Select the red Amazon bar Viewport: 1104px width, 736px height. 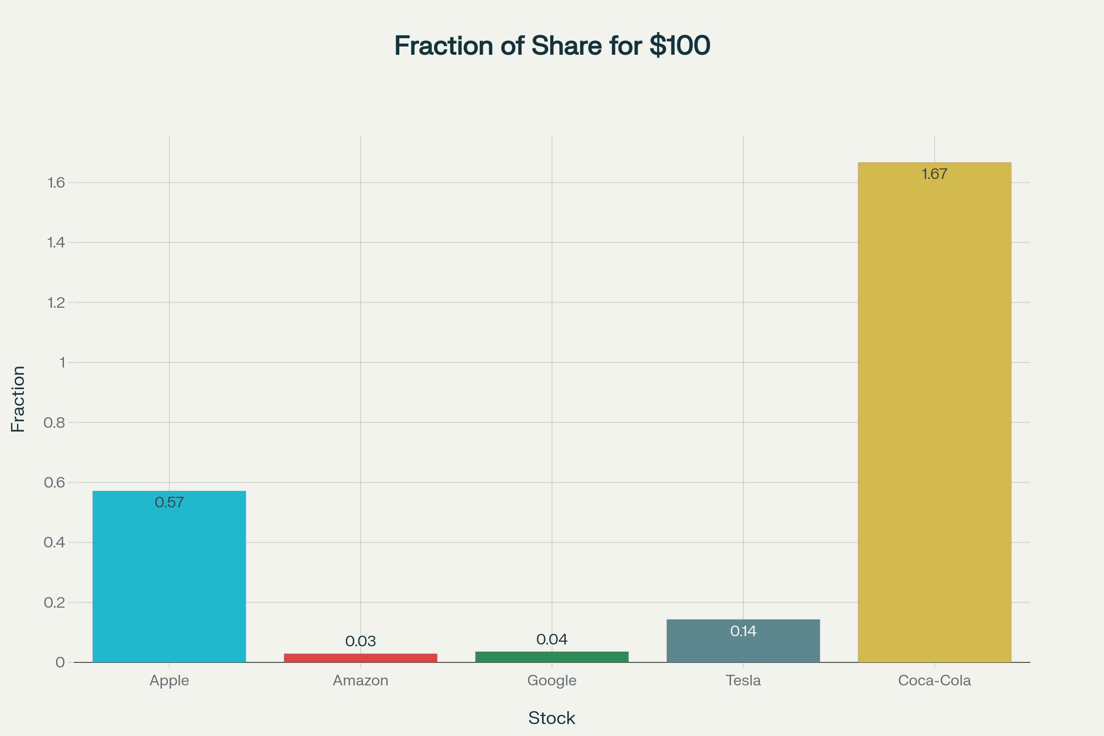pos(361,658)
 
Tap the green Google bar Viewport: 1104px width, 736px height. pos(552,657)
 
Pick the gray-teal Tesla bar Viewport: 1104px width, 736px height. pos(743,648)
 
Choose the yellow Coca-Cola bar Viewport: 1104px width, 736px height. pos(934,413)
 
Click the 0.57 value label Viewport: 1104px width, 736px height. pos(169,503)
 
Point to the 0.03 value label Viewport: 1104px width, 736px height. pos(361,641)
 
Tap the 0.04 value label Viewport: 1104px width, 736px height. pos(552,639)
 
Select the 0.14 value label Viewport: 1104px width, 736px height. pos(743,631)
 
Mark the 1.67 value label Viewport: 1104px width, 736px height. pos(934,174)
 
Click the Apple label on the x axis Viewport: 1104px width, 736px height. pos(169,681)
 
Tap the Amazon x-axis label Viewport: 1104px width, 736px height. pos(361,681)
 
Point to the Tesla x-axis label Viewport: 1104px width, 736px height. pos(743,681)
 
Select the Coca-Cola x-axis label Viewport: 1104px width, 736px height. pos(934,681)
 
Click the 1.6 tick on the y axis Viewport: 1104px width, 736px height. pos(56,183)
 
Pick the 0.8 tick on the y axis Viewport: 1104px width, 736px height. pos(54,422)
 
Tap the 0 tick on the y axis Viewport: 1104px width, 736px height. pos(60,662)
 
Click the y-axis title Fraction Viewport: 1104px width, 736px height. pos(18,399)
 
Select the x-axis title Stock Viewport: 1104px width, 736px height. pos(552,718)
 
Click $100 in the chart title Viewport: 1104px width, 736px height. pos(680,46)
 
